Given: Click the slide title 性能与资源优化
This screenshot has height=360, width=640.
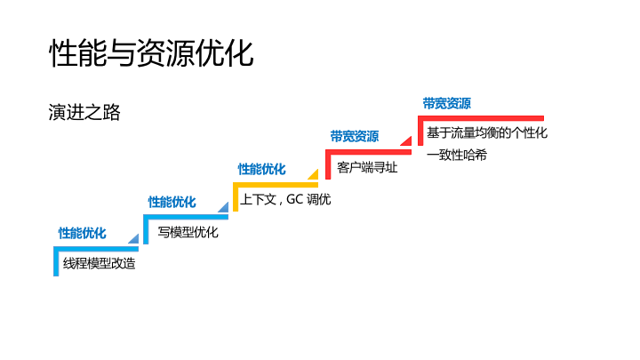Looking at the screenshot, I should (151, 52).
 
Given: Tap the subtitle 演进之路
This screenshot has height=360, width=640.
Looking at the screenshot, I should (84, 113).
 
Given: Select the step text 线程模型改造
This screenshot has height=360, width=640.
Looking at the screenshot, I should (100, 263).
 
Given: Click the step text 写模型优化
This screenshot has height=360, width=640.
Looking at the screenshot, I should (188, 232).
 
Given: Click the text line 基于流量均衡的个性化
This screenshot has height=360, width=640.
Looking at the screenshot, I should (486, 133).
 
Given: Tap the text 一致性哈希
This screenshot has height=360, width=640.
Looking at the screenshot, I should (457, 156).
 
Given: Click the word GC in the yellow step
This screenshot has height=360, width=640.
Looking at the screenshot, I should (294, 199).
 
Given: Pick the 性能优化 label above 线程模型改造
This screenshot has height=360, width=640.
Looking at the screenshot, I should (83, 233).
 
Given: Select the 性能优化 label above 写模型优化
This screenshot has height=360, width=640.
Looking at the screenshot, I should (172, 202).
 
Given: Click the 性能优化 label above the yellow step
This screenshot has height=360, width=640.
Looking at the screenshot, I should (261, 169).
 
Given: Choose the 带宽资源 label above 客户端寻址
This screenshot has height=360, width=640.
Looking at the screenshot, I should (354, 136).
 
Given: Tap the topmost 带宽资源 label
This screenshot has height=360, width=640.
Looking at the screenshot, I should (446, 103).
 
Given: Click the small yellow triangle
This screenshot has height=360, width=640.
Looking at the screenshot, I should (313, 174).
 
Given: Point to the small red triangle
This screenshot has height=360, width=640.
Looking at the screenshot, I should (405, 142).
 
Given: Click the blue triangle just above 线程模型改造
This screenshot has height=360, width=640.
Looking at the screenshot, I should (133, 238).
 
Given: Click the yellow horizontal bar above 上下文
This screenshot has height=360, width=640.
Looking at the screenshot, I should (276, 185).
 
